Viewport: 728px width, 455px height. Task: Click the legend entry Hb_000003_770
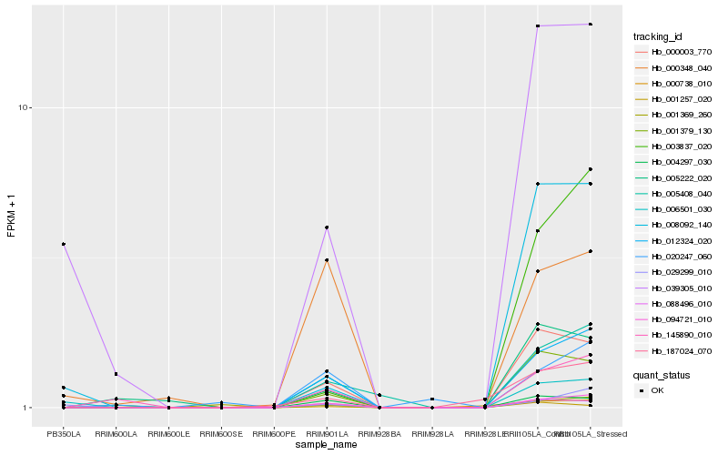point(674,52)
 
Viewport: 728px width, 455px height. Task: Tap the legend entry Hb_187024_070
point(674,350)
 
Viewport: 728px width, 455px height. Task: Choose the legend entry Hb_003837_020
point(674,147)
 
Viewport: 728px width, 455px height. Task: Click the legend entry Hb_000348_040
point(674,67)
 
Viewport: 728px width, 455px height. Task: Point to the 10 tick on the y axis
point(25,107)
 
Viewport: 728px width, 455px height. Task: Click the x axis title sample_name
point(327,445)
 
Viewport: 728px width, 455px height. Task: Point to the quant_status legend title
point(662,374)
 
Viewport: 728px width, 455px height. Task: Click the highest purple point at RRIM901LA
point(327,227)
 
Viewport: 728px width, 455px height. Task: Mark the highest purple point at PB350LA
point(64,244)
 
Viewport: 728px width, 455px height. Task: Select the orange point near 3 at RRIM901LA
point(327,260)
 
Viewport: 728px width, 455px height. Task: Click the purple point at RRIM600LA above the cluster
point(116,374)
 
